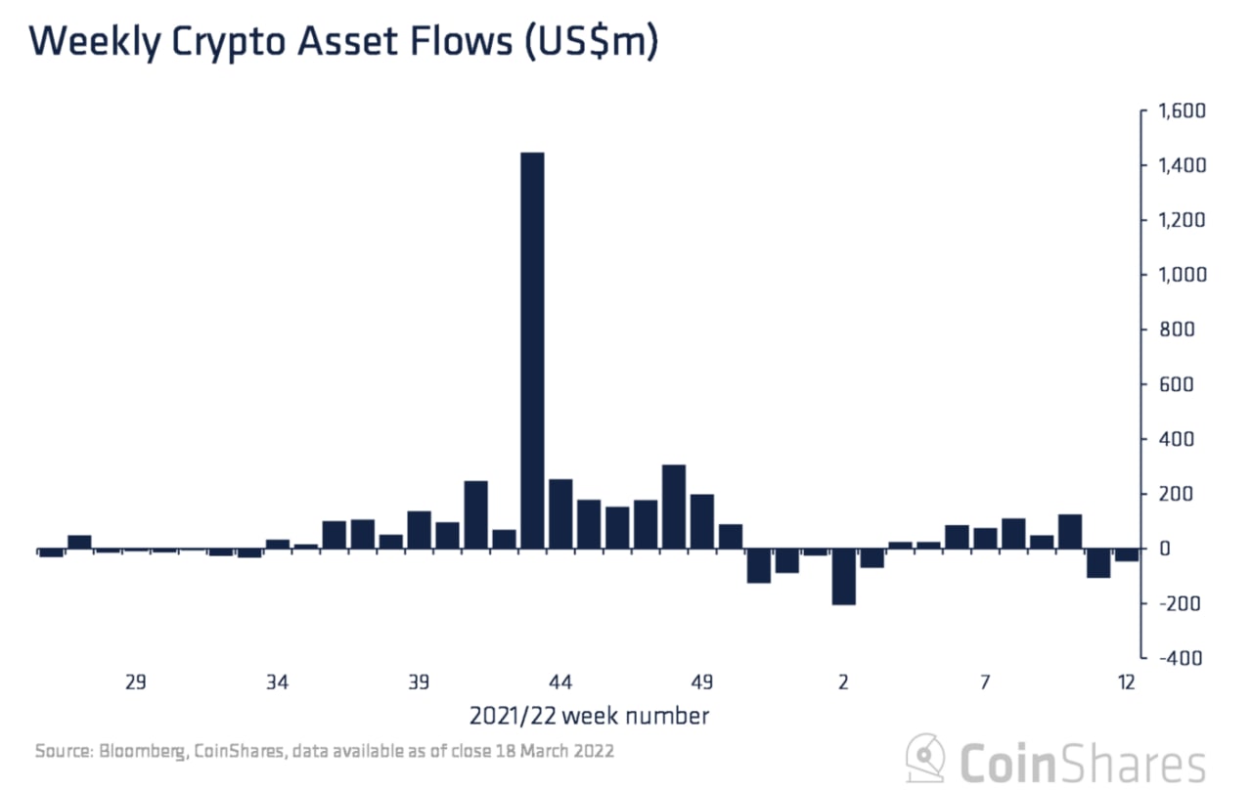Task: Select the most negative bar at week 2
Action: [844, 577]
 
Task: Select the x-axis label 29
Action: [135, 682]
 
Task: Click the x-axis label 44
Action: [560, 682]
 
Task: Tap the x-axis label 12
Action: [1126, 682]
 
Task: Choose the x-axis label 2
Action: [843, 682]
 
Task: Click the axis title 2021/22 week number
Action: [589, 716]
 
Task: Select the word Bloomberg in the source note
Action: [140, 752]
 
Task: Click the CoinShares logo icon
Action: [925, 759]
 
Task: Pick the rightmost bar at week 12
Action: [1127, 555]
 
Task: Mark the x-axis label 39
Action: [419, 682]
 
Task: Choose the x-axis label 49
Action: [702, 682]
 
